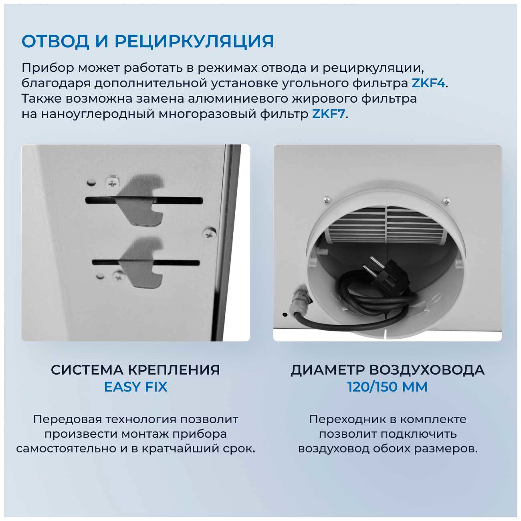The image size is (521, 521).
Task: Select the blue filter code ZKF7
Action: click(x=328, y=114)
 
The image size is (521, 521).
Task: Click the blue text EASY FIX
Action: click(x=135, y=387)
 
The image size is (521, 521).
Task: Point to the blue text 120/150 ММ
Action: click(x=387, y=387)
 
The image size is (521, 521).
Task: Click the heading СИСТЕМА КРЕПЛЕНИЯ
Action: click(x=135, y=370)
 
